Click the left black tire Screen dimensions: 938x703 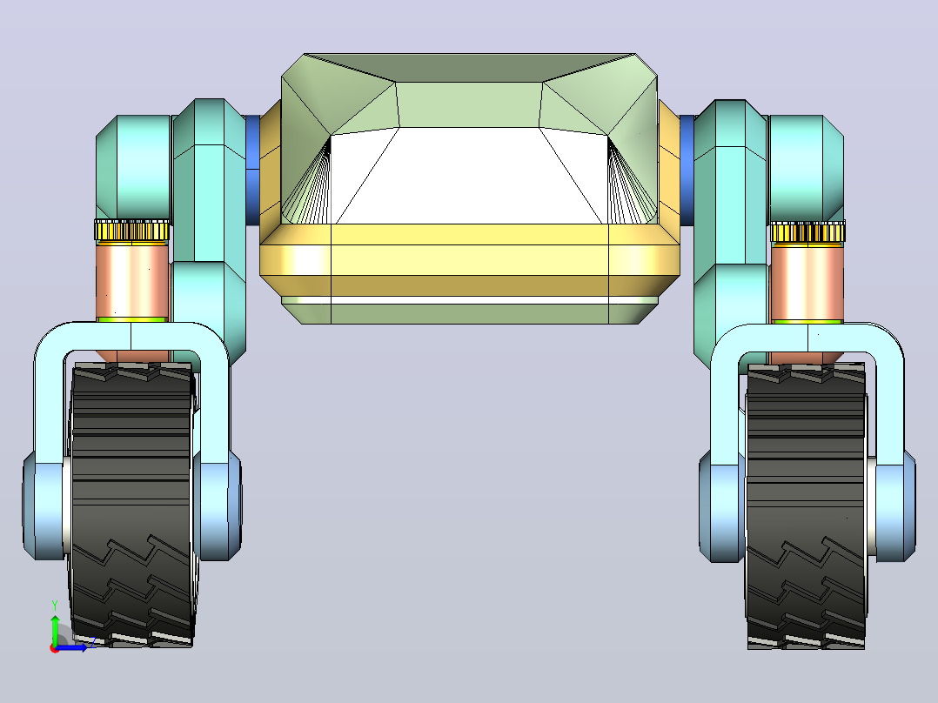coord(131,505)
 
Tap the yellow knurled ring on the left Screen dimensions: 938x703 coord(132,231)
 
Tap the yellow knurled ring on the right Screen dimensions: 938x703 coord(807,231)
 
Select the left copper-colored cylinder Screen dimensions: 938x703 coord(133,281)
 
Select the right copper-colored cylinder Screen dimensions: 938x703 coord(807,283)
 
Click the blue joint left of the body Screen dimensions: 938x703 coord(253,170)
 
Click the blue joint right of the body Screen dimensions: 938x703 coord(687,170)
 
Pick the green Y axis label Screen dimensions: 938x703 coord(55,606)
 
